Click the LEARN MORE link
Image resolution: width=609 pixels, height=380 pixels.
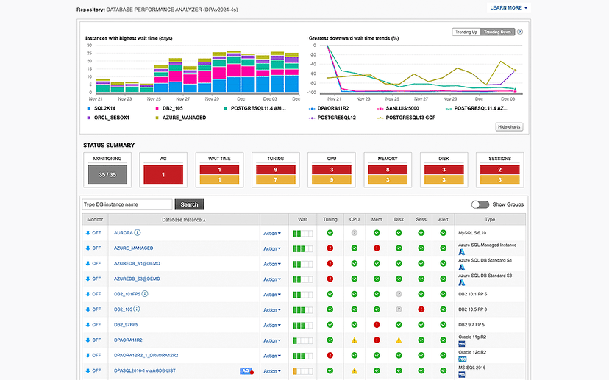[508, 8]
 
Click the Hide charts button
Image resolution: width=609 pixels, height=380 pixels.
[508, 127]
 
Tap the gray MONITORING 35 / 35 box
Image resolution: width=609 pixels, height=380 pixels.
[108, 174]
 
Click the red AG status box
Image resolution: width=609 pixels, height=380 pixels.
[164, 174]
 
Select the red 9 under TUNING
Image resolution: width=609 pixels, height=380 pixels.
[276, 169]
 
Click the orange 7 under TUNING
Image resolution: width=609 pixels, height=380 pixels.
[276, 179]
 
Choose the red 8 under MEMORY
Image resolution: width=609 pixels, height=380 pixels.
[388, 169]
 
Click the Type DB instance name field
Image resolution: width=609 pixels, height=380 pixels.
[127, 204]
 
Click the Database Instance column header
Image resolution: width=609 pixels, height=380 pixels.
[184, 219]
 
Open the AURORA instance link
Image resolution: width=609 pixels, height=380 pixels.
[123, 233]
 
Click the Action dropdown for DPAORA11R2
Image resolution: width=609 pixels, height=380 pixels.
[272, 340]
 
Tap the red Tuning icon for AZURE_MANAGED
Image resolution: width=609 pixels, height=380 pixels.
[330, 248]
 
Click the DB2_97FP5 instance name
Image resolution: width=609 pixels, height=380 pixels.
[126, 325]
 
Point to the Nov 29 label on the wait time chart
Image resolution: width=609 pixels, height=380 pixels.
[212, 98]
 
